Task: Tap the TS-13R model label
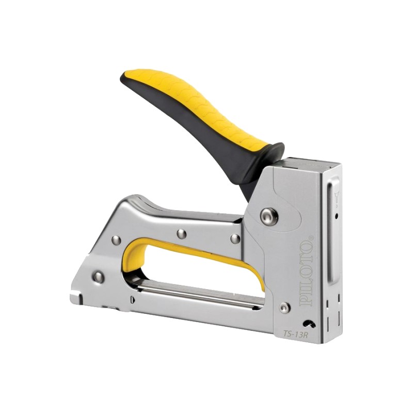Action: (294, 333)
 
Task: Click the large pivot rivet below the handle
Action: (269, 216)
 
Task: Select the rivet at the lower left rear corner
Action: (99, 276)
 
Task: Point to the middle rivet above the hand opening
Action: (182, 234)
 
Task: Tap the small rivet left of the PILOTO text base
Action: (284, 307)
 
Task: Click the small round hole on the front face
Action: (336, 216)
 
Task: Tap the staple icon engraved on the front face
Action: (337, 198)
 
